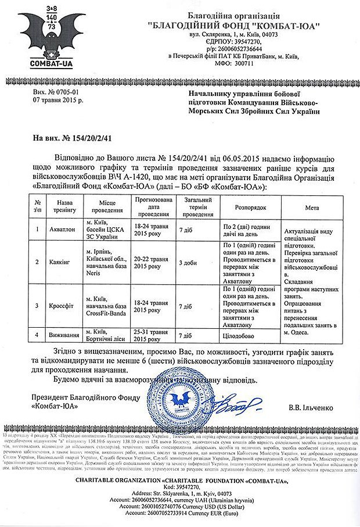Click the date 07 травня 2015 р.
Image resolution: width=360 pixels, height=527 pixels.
(x=59, y=100)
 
